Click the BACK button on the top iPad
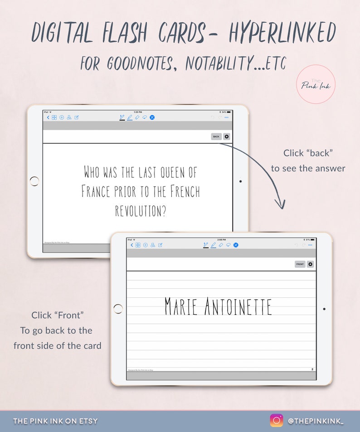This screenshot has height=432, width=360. [216, 136]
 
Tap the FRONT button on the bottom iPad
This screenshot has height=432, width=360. [300, 264]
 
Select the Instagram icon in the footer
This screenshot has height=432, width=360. [277, 421]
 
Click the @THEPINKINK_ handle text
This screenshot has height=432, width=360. [316, 421]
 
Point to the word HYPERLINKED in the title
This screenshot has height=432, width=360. [282, 33]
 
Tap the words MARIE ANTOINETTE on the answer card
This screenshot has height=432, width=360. [218, 307]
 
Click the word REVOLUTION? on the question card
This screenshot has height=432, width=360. [140, 210]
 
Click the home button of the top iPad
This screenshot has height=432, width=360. [34, 181]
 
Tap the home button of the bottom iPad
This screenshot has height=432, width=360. [118, 309]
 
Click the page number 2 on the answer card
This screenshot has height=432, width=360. [312, 369]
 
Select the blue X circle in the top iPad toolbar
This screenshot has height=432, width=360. [152, 117]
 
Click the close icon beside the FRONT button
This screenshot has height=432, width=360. [311, 264]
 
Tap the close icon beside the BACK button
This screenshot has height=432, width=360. [227, 136]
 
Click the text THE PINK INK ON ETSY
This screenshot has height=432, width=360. [55, 421]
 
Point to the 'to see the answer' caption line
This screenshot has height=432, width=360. [308, 169]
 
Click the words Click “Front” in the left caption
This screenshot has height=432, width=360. [58, 315]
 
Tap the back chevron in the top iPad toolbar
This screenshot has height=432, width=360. [48, 117]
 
